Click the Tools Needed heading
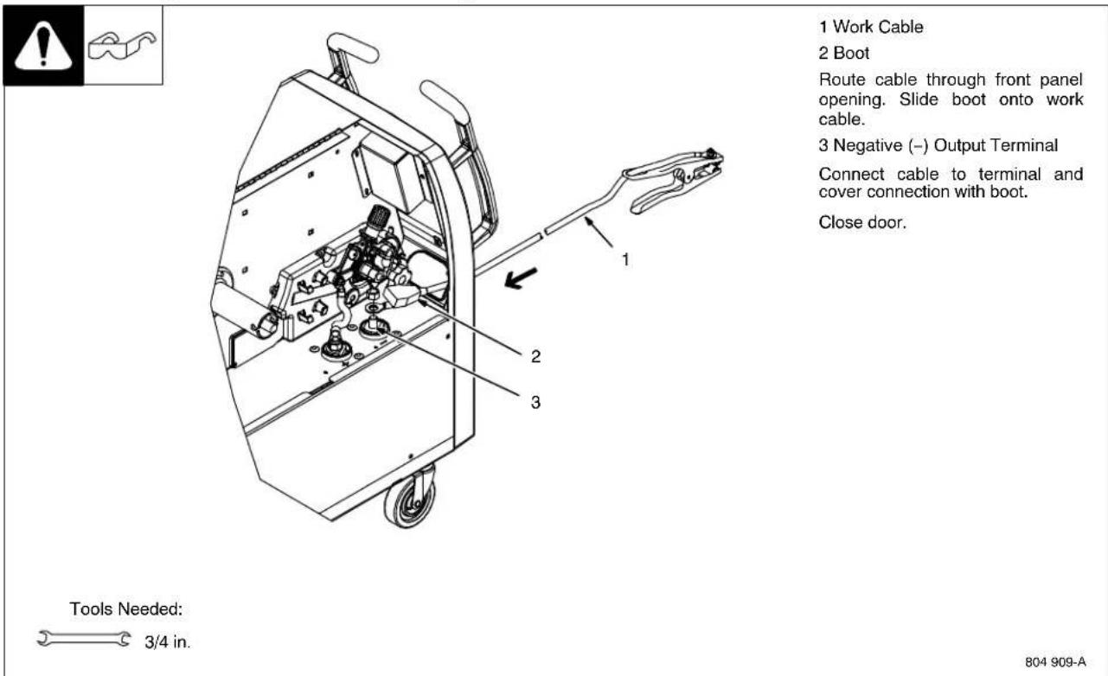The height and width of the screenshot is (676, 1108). click(125, 609)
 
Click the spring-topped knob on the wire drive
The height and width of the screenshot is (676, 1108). click(377, 221)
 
